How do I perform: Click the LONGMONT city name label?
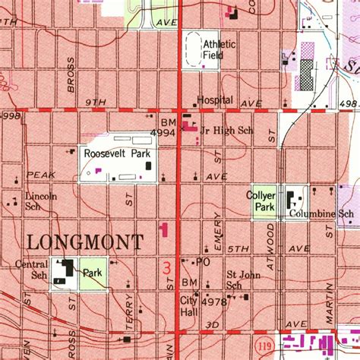tap(84, 242)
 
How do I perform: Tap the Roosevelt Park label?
tap(118, 153)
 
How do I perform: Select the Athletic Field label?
tap(219, 49)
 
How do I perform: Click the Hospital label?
tap(215, 100)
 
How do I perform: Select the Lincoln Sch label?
tap(41, 201)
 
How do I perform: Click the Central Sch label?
tap(31, 270)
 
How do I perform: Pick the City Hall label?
tap(188, 305)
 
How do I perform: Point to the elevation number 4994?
tap(163, 132)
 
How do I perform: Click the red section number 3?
tap(166, 267)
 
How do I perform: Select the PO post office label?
tap(202, 262)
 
